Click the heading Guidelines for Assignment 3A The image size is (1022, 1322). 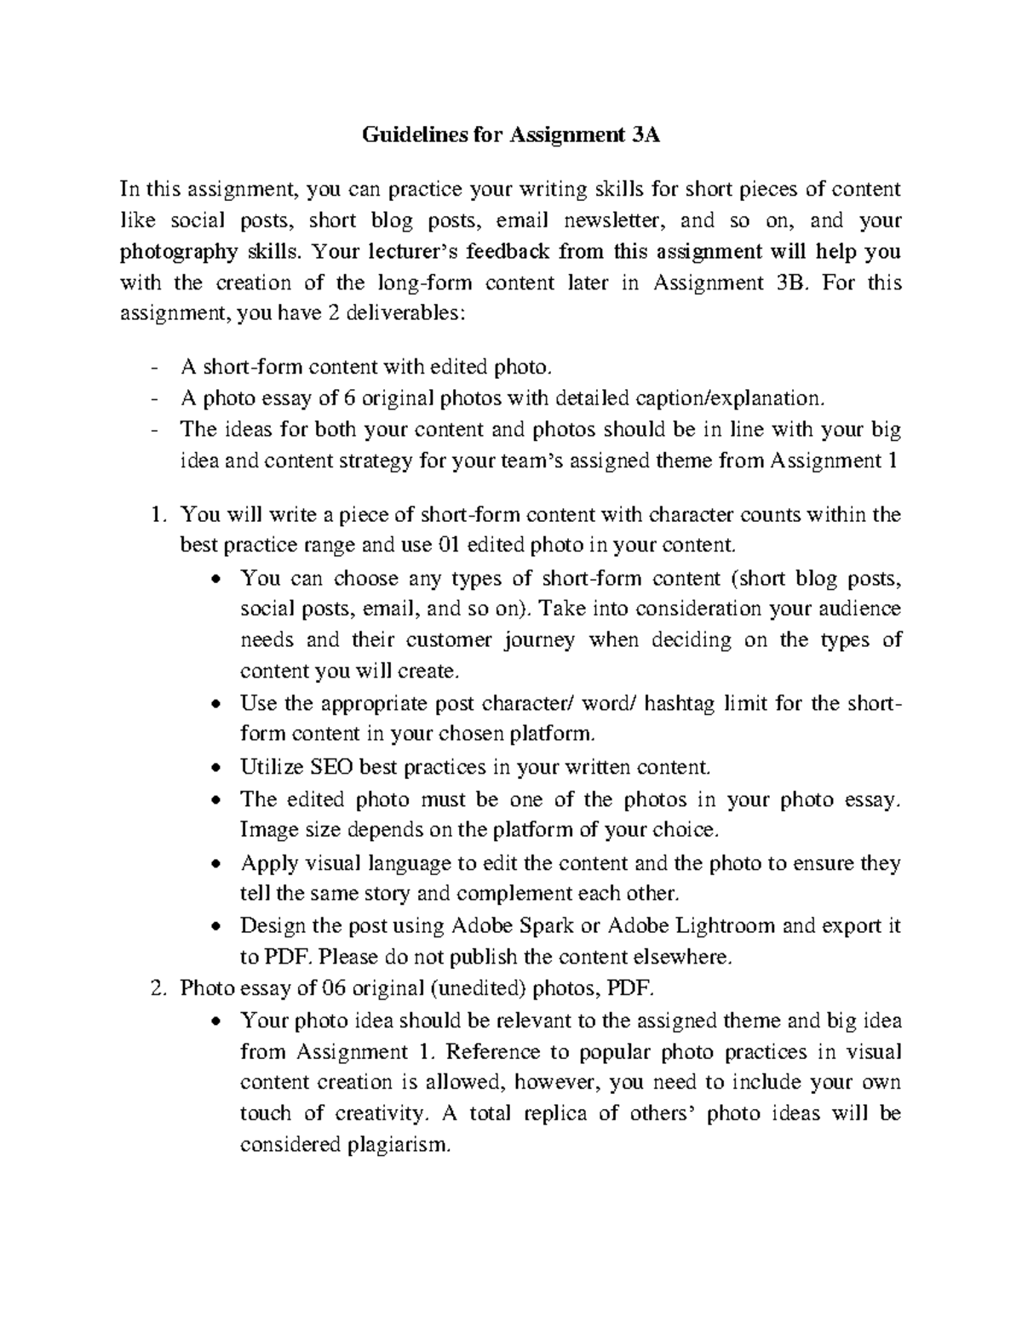tap(511, 134)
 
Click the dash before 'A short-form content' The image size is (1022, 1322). tap(153, 367)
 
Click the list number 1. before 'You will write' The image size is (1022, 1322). tap(156, 514)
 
